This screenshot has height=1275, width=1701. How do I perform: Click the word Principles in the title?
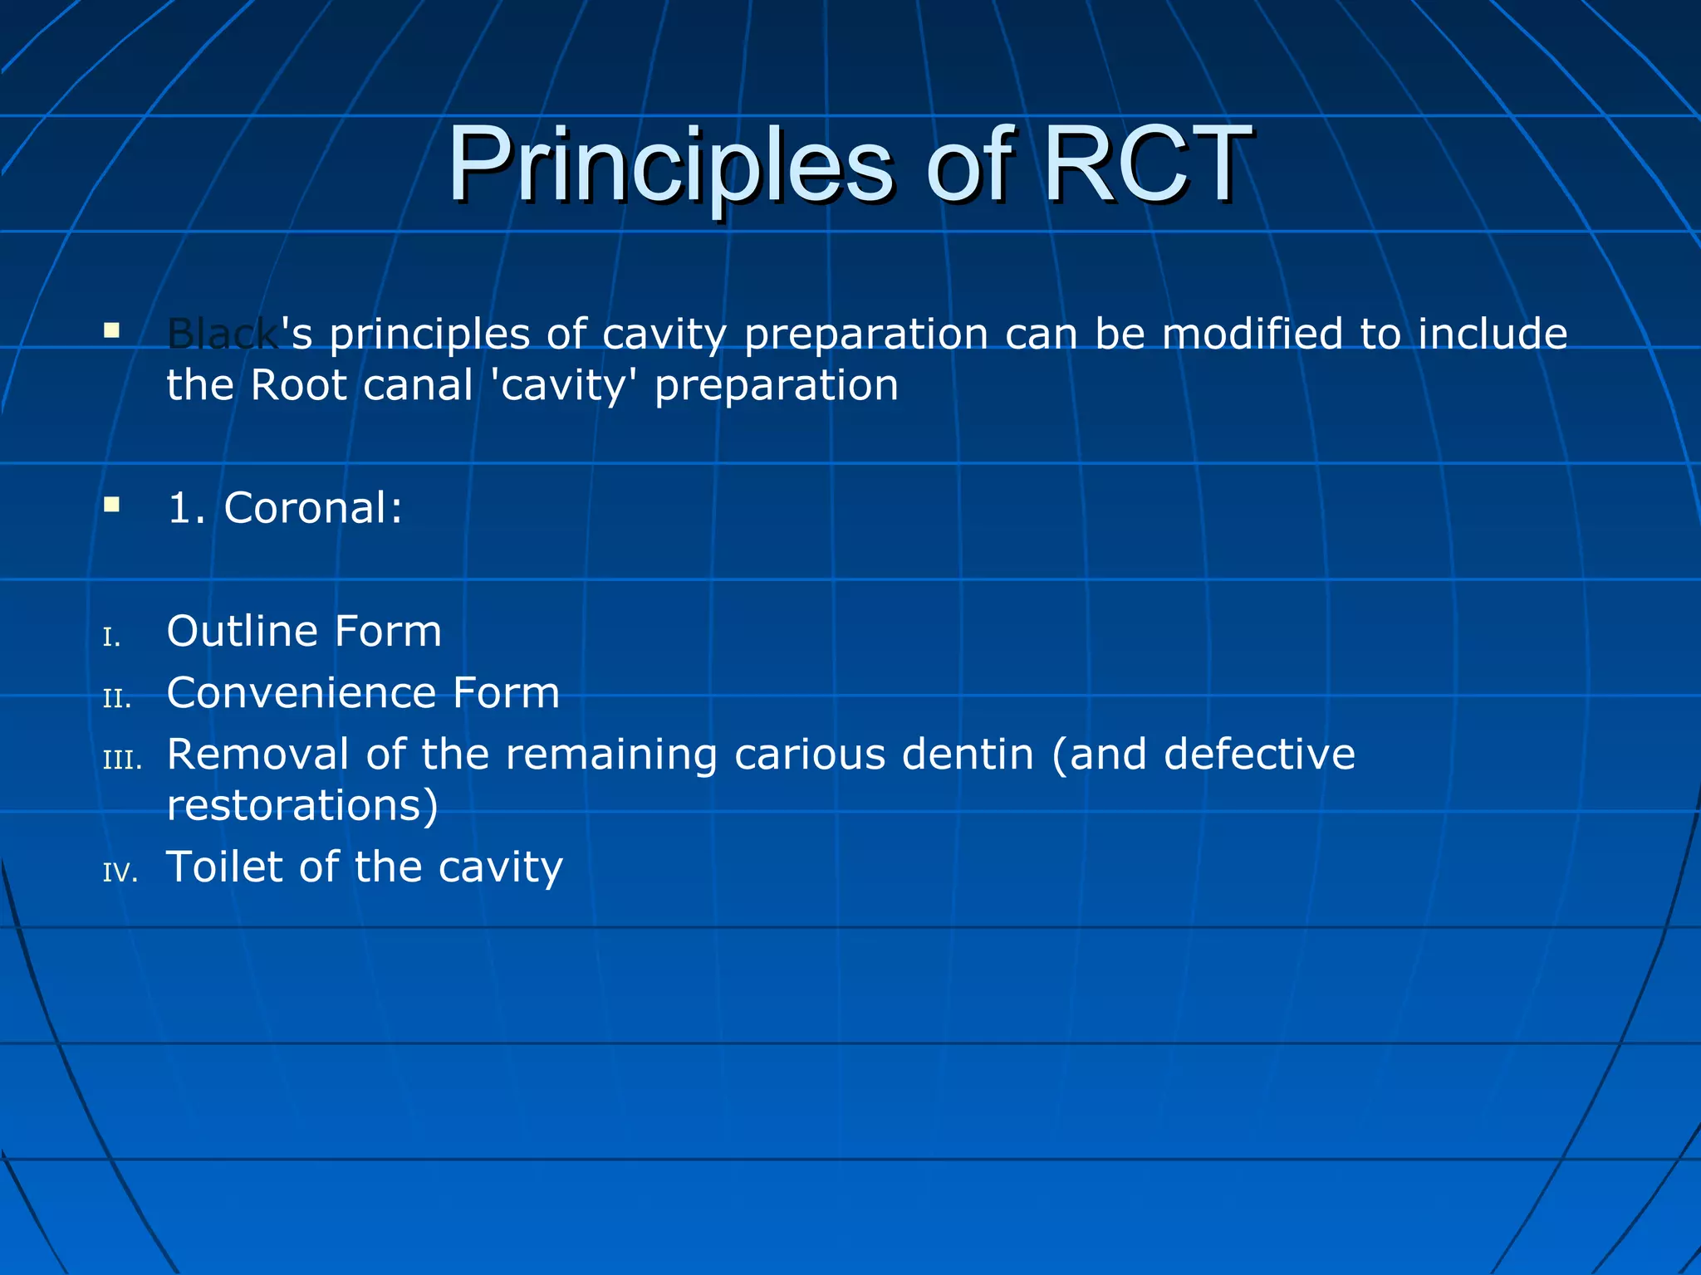coord(671,166)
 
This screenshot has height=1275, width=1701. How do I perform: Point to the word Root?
coord(299,386)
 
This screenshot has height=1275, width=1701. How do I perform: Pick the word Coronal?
coord(313,508)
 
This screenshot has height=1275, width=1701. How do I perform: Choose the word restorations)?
coord(302,806)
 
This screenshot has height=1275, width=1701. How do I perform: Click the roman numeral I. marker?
coord(112,637)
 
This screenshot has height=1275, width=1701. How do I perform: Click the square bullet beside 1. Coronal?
coord(112,505)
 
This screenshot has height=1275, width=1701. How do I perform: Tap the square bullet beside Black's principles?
coord(112,331)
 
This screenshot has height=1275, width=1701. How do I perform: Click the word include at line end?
coord(1492,335)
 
